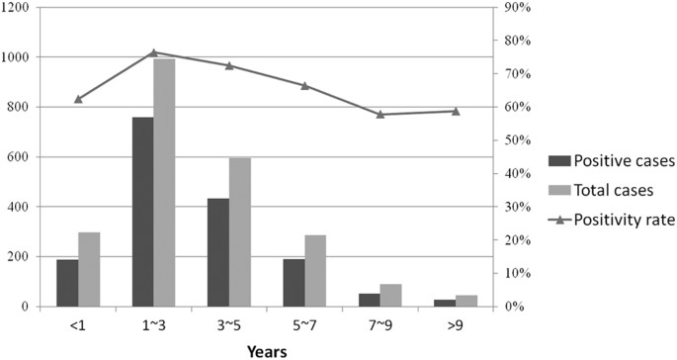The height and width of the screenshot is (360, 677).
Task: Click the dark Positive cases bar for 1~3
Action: (142, 212)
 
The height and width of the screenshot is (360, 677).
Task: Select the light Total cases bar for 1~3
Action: (164, 183)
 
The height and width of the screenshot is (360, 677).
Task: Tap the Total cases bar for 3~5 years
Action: (240, 232)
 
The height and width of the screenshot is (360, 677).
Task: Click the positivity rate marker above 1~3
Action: (153, 52)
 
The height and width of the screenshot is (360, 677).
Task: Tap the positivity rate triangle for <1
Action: (78, 99)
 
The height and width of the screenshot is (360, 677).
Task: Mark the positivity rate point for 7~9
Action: (380, 114)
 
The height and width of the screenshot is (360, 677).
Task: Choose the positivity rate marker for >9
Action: (455, 111)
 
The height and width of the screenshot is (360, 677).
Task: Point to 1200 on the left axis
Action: (19, 8)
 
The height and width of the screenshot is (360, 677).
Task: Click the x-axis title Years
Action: (266, 350)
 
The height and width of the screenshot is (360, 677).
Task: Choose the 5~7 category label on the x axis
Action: (303, 323)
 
